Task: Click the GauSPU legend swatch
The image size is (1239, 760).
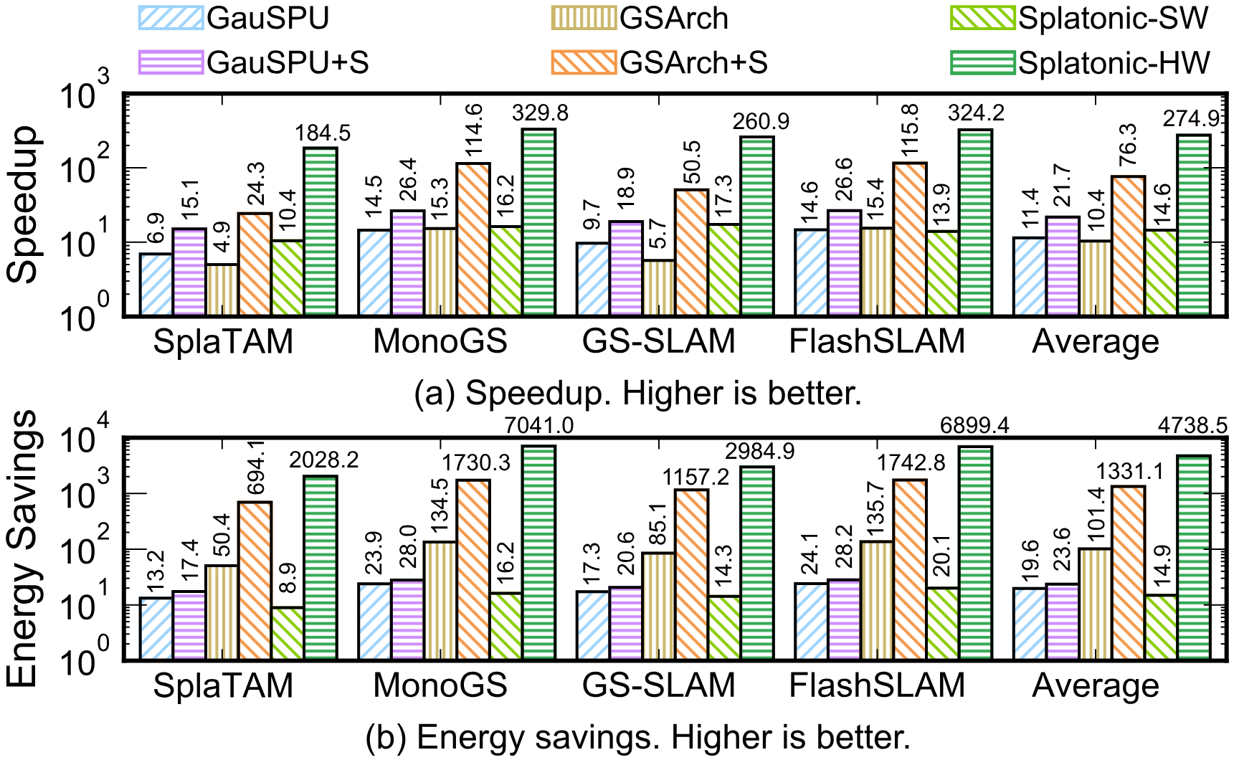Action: pyautogui.click(x=171, y=18)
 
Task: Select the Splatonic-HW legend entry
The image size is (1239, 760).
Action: pyautogui.click(x=1114, y=63)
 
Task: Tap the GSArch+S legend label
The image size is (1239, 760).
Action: pyautogui.click(x=693, y=63)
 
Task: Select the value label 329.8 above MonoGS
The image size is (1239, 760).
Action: pyautogui.click(x=539, y=113)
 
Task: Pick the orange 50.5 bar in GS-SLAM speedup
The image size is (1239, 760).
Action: pyautogui.click(x=691, y=252)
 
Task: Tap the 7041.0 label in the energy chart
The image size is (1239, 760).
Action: pyautogui.click(x=539, y=426)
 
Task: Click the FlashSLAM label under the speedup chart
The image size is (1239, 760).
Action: pyautogui.click(x=877, y=342)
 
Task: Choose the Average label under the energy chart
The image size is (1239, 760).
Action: pyautogui.click(x=1095, y=686)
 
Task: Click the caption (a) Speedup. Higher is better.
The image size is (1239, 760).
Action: pyautogui.click(x=637, y=393)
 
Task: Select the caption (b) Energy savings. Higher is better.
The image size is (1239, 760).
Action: pyautogui.click(x=637, y=738)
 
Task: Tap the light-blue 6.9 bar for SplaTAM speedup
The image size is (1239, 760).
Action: pyautogui.click(x=156, y=284)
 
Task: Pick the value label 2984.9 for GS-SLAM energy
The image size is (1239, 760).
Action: pyautogui.click(x=759, y=452)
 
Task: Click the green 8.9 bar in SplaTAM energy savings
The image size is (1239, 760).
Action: pyautogui.click(x=288, y=632)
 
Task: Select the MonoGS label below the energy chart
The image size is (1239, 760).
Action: pyautogui.click(x=440, y=686)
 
